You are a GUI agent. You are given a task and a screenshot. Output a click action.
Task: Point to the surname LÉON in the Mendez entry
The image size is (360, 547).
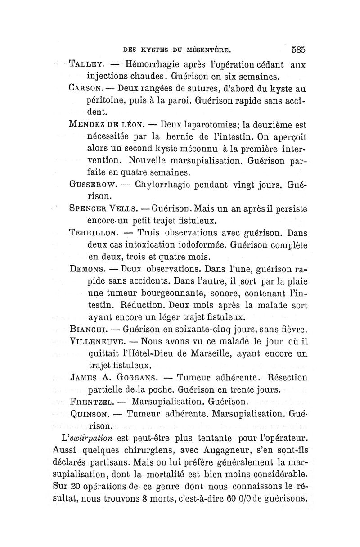pos(130,124)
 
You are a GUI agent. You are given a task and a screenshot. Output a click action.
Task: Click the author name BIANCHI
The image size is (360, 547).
pos(88,330)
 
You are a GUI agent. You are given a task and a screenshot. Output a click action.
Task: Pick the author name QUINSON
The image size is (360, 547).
pos(91,413)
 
